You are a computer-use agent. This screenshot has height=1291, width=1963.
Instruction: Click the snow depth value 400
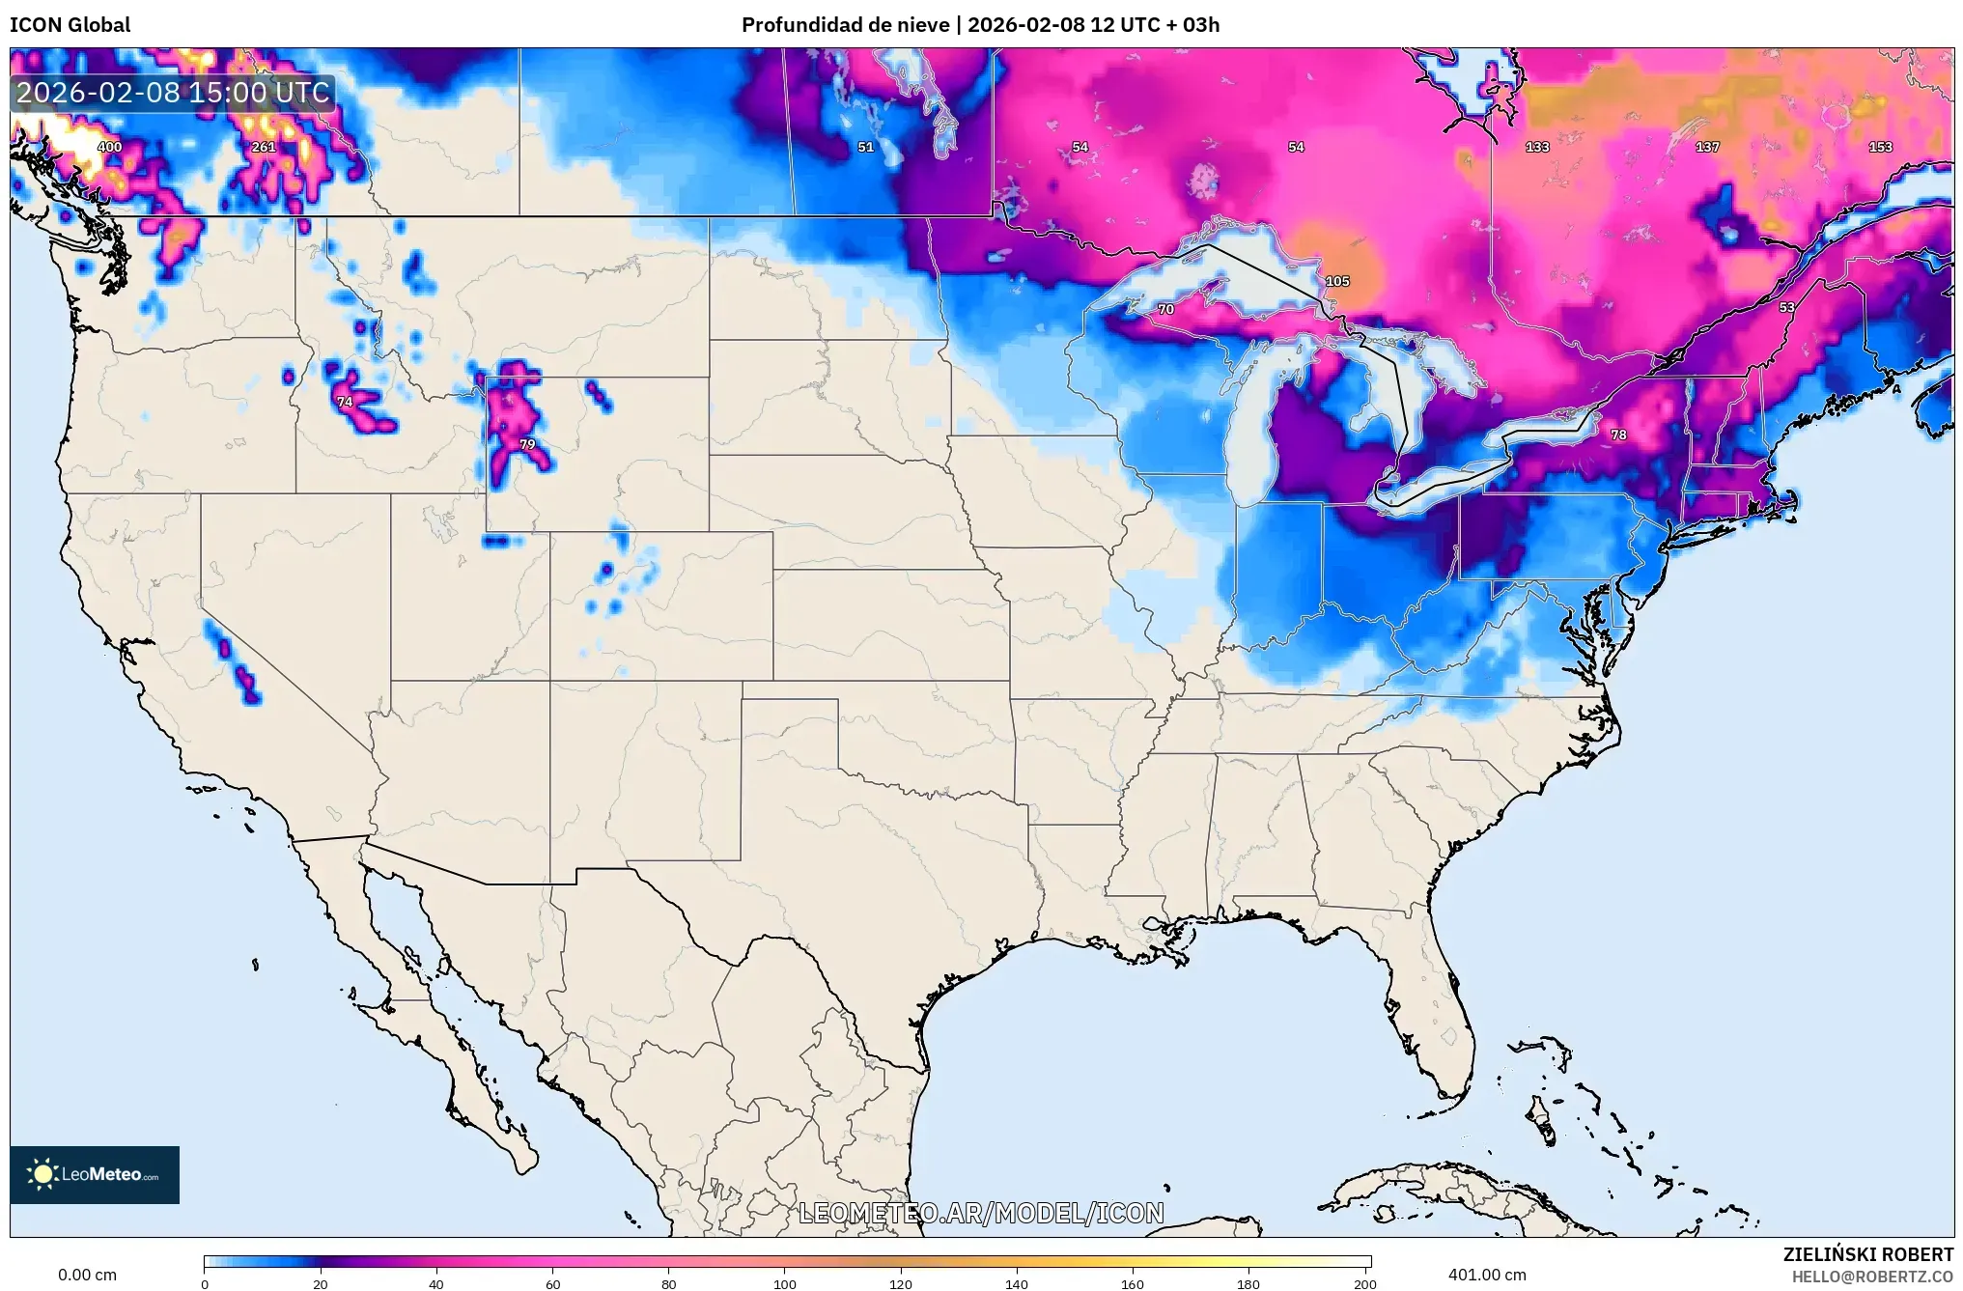(x=109, y=147)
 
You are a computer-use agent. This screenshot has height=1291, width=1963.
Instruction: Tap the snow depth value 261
(x=263, y=147)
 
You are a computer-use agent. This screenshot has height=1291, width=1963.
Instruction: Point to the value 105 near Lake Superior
(x=1336, y=281)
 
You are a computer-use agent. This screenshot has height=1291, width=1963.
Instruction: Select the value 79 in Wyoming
(x=527, y=444)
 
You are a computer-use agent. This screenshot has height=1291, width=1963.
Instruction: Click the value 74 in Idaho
(x=345, y=402)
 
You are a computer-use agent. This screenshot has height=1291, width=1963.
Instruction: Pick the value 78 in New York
(x=1618, y=435)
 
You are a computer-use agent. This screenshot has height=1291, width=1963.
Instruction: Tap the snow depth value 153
(x=1880, y=147)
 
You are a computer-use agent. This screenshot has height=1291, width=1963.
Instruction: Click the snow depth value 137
(x=1707, y=147)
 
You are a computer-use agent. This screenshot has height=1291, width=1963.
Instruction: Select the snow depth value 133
(x=1537, y=147)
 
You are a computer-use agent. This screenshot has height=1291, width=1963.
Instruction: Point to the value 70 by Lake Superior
(x=1165, y=309)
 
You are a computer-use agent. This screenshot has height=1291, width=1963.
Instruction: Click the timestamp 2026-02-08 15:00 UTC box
(x=174, y=93)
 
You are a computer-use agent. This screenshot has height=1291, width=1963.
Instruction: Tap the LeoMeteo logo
(x=95, y=1174)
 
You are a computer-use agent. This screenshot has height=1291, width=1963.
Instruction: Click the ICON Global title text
(x=70, y=24)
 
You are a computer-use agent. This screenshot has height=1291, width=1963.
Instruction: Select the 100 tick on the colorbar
(x=784, y=1283)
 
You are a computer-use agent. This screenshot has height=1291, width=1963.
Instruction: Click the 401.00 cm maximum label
(x=1487, y=1275)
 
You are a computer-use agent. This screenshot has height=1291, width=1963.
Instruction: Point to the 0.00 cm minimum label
(x=87, y=1275)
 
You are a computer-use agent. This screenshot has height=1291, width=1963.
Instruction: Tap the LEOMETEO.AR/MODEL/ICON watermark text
(x=981, y=1213)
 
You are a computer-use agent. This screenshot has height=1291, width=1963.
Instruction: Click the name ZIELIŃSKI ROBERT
(x=1867, y=1254)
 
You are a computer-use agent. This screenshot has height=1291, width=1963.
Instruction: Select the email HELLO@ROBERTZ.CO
(x=1872, y=1277)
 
